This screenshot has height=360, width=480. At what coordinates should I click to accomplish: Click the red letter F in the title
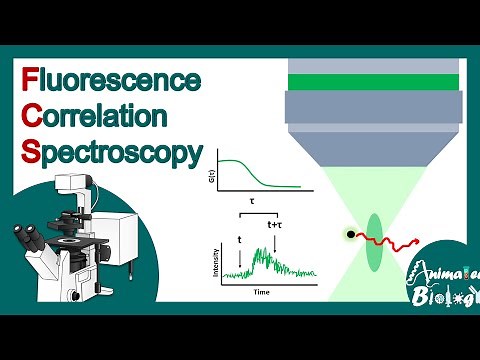pyautogui.click(x=29, y=78)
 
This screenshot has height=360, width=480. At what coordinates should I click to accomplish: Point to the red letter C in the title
pyautogui.click(x=31, y=116)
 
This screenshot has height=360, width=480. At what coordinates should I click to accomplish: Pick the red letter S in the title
pyautogui.click(x=30, y=154)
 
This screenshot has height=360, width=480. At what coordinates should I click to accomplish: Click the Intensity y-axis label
pyautogui.click(x=217, y=257)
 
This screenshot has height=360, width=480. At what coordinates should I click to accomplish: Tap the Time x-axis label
pyautogui.click(x=261, y=292)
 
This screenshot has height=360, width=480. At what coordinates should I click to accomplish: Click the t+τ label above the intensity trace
pyautogui.click(x=276, y=226)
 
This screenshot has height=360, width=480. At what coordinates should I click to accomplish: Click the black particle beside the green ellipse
pyautogui.click(x=351, y=236)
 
